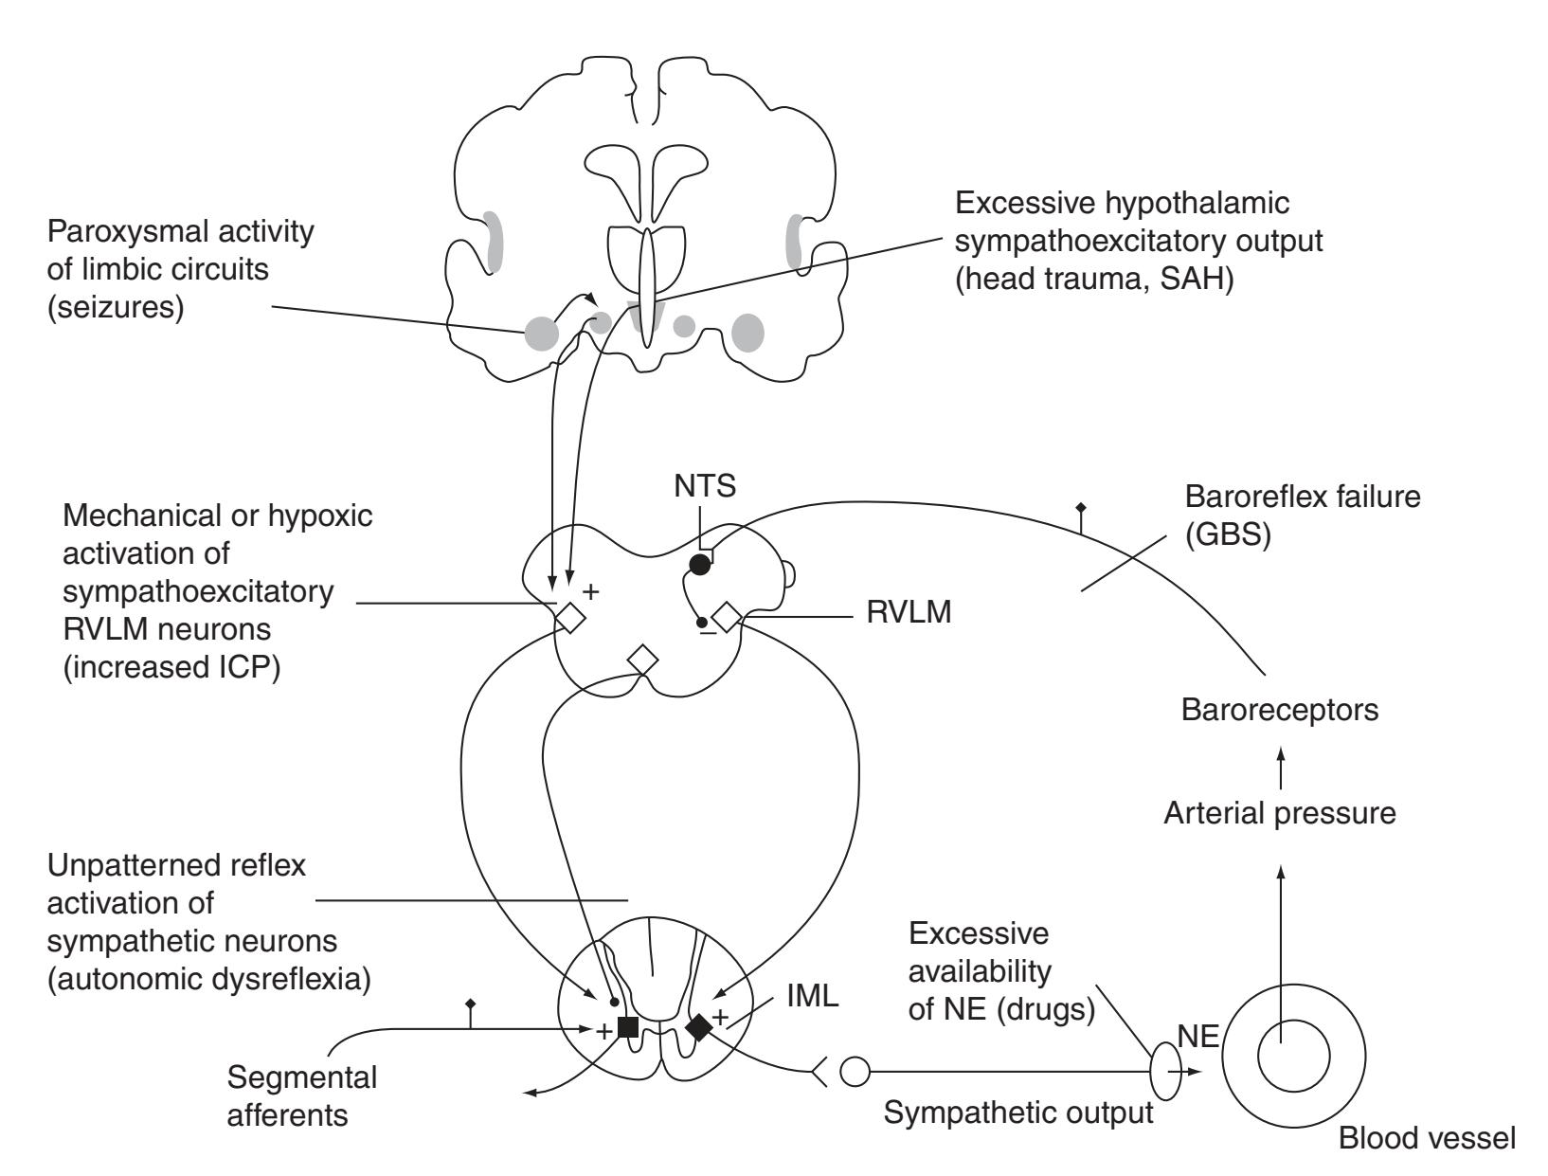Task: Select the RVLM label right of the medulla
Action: tap(909, 614)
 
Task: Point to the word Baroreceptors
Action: tap(1279, 711)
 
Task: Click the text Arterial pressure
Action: tap(1279, 813)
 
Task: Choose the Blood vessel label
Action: tap(1427, 1139)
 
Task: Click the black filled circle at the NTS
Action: tap(699, 565)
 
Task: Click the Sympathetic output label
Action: tap(1018, 1113)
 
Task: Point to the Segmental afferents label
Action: tap(302, 1095)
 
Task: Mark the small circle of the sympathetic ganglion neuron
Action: tap(855, 1073)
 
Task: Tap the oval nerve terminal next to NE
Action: tap(1164, 1072)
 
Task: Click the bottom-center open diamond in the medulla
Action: tap(642, 660)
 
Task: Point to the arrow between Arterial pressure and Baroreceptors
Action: tap(1281, 766)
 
